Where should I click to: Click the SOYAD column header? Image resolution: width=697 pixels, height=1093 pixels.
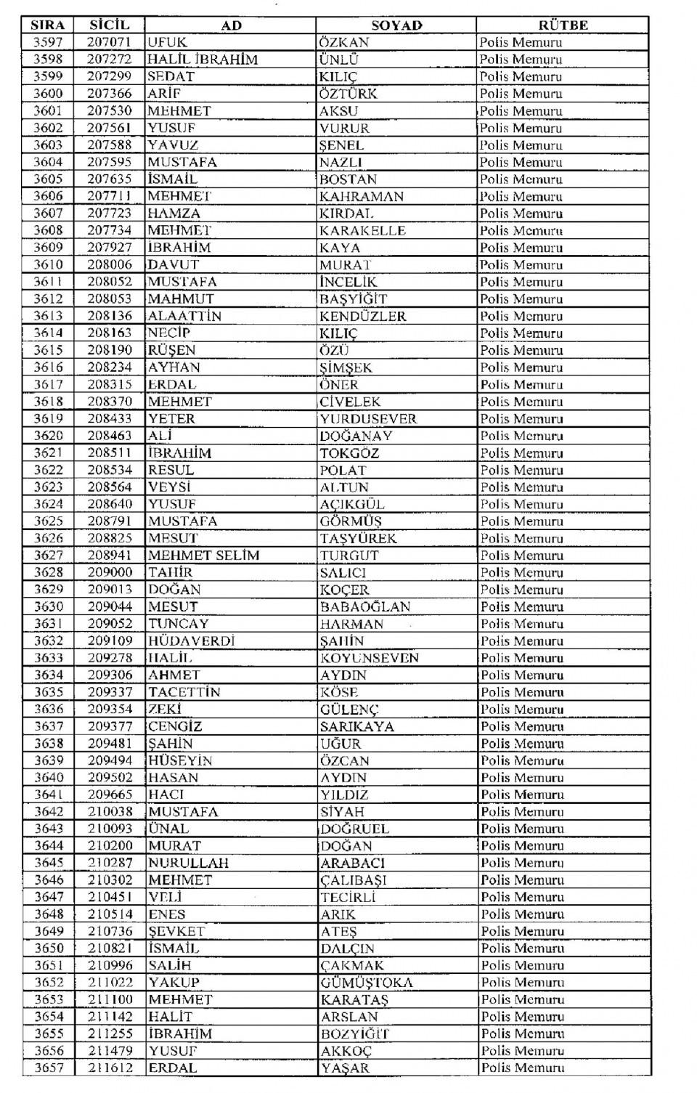coord(396,25)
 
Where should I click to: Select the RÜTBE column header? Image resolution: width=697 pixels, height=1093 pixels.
coord(563,25)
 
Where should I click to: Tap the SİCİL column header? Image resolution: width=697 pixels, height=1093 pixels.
coord(109,25)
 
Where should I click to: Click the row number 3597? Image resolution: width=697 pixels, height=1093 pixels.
coord(48,42)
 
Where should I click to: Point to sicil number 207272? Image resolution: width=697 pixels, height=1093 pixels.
coord(109,60)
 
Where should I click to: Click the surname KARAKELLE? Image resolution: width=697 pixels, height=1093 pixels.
coord(362,230)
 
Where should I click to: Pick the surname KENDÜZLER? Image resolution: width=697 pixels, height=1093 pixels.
coord(363,316)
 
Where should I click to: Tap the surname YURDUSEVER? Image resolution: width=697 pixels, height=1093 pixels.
coord(368,419)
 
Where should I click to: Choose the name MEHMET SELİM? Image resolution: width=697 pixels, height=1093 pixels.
coord(204,556)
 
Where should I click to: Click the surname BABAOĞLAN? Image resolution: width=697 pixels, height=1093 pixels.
coord(365,606)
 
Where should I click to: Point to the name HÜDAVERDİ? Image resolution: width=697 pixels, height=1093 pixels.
coord(192,641)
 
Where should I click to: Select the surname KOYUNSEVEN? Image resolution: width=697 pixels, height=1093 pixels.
coord(370,658)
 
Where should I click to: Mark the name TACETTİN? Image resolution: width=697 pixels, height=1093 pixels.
coord(184,692)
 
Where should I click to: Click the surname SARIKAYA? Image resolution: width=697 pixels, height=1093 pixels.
coord(357,726)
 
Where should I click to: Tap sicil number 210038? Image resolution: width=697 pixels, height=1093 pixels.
coord(110,812)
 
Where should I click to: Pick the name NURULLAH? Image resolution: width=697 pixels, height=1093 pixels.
coord(189,863)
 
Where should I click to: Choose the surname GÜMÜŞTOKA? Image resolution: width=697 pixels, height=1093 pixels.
coord(367,983)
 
